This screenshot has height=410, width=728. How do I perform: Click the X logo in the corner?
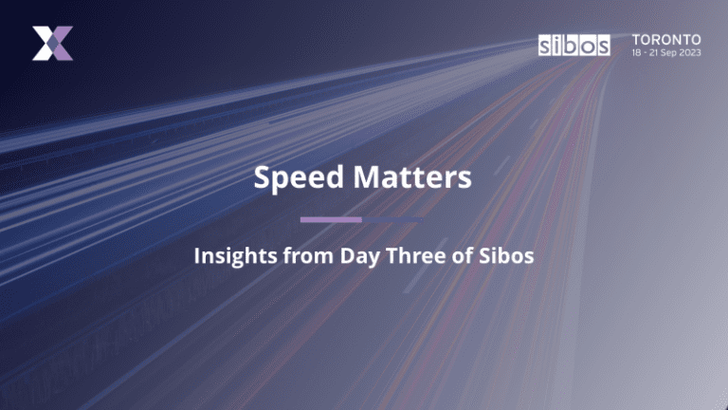(52, 44)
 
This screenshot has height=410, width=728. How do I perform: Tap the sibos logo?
(573, 45)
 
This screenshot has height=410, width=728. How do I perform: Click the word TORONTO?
(667, 39)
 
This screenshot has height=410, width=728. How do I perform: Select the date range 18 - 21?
(648, 53)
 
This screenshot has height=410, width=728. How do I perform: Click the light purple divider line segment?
(331, 219)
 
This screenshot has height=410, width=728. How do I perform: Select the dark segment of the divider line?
(393, 219)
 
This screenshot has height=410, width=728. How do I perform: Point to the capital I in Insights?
(197, 255)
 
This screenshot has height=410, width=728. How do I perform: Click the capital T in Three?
(387, 255)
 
